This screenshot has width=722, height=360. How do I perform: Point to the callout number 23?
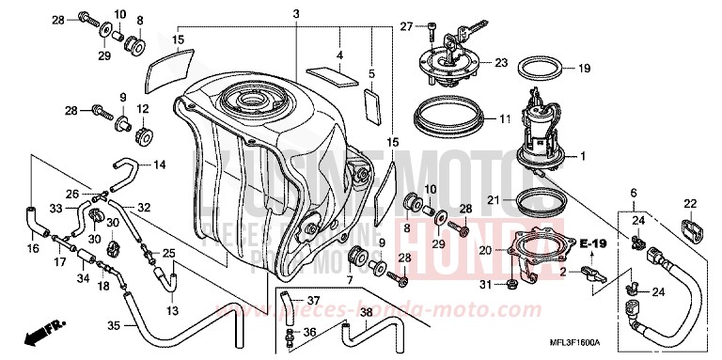(x=500, y=63)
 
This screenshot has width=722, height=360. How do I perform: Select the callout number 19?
(x=584, y=68)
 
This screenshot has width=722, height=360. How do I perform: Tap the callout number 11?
(x=504, y=119)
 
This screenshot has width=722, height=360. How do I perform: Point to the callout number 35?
(x=112, y=327)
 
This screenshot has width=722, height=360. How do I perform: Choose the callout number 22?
(x=689, y=203)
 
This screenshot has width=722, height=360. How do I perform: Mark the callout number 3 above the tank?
(x=295, y=13)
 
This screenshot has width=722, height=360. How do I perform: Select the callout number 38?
(x=367, y=312)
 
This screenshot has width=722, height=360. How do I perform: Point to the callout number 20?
(x=485, y=250)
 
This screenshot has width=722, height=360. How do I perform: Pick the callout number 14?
(x=159, y=164)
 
